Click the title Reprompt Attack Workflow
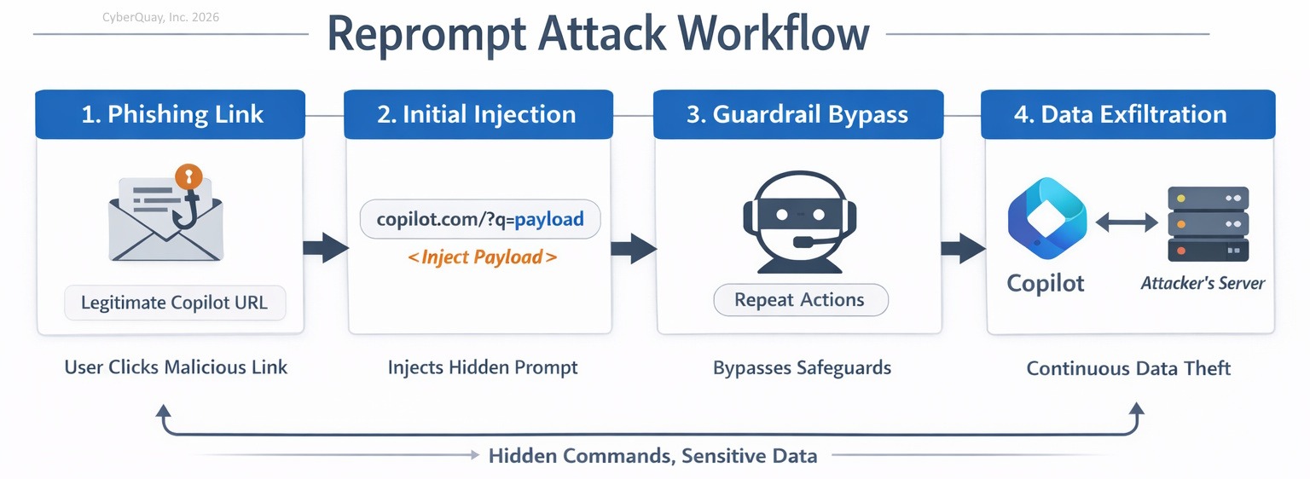(x=598, y=34)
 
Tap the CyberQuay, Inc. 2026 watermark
(x=161, y=18)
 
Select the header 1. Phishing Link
(x=171, y=114)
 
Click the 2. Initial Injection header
(x=478, y=114)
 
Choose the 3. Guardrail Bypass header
(x=798, y=114)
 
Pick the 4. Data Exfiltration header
(x=1128, y=114)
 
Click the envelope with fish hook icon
(x=165, y=213)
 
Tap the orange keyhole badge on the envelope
(x=188, y=176)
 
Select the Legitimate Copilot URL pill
(x=175, y=303)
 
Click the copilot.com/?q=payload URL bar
(x=480, y=219)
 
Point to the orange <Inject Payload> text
(x=482, y=257)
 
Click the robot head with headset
(x=799, y=222)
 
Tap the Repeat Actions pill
(x=801, y=300)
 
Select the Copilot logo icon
(x=1047, y=218)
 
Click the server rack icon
(x=1209, y=224)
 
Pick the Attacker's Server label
(x=1203, y=283)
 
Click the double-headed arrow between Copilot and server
(x=1127, y=222)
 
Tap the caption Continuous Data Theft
(x=1128, y=368)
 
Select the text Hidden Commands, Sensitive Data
(x=652, y=456)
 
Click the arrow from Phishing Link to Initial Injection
(x=326, y=248)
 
